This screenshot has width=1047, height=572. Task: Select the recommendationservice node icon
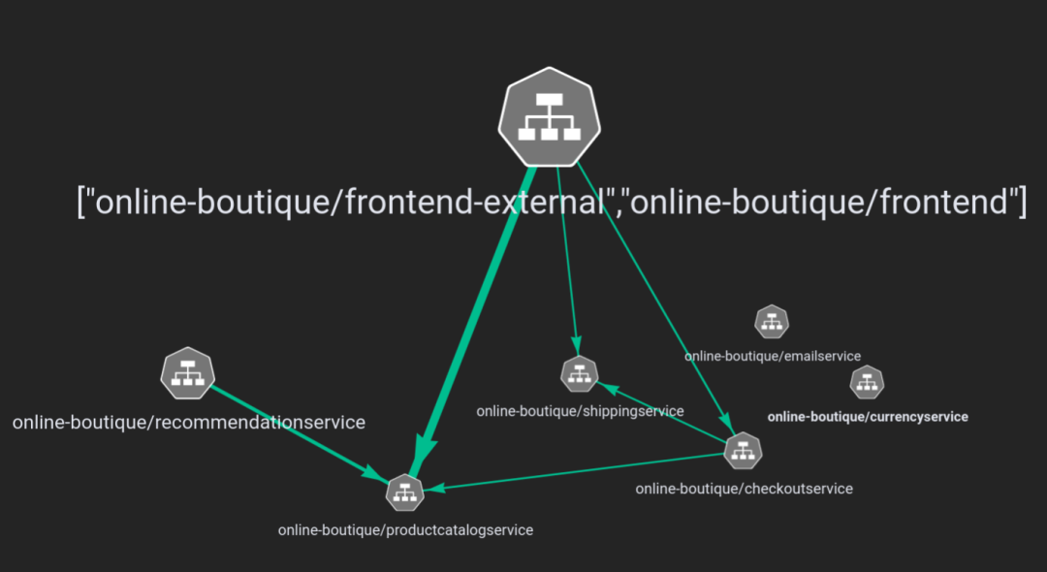[187, 373]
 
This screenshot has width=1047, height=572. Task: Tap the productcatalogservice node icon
[405, 493]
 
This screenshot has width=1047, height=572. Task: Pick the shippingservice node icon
[580, 373]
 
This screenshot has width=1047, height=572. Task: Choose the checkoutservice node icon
[744, 450]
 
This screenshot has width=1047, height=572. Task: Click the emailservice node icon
[772, 321]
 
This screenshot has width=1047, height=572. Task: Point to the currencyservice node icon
[868, 382]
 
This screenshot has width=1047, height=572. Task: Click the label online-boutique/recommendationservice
[189, 423]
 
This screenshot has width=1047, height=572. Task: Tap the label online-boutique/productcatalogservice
[405, 530]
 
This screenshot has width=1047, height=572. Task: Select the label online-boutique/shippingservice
[580, 411]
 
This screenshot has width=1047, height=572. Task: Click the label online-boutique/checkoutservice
[744, 489]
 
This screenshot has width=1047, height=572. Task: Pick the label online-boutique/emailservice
[772, 356]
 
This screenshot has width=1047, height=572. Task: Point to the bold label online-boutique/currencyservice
[868, 417]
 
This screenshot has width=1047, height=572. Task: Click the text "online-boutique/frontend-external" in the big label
[350, 202]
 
